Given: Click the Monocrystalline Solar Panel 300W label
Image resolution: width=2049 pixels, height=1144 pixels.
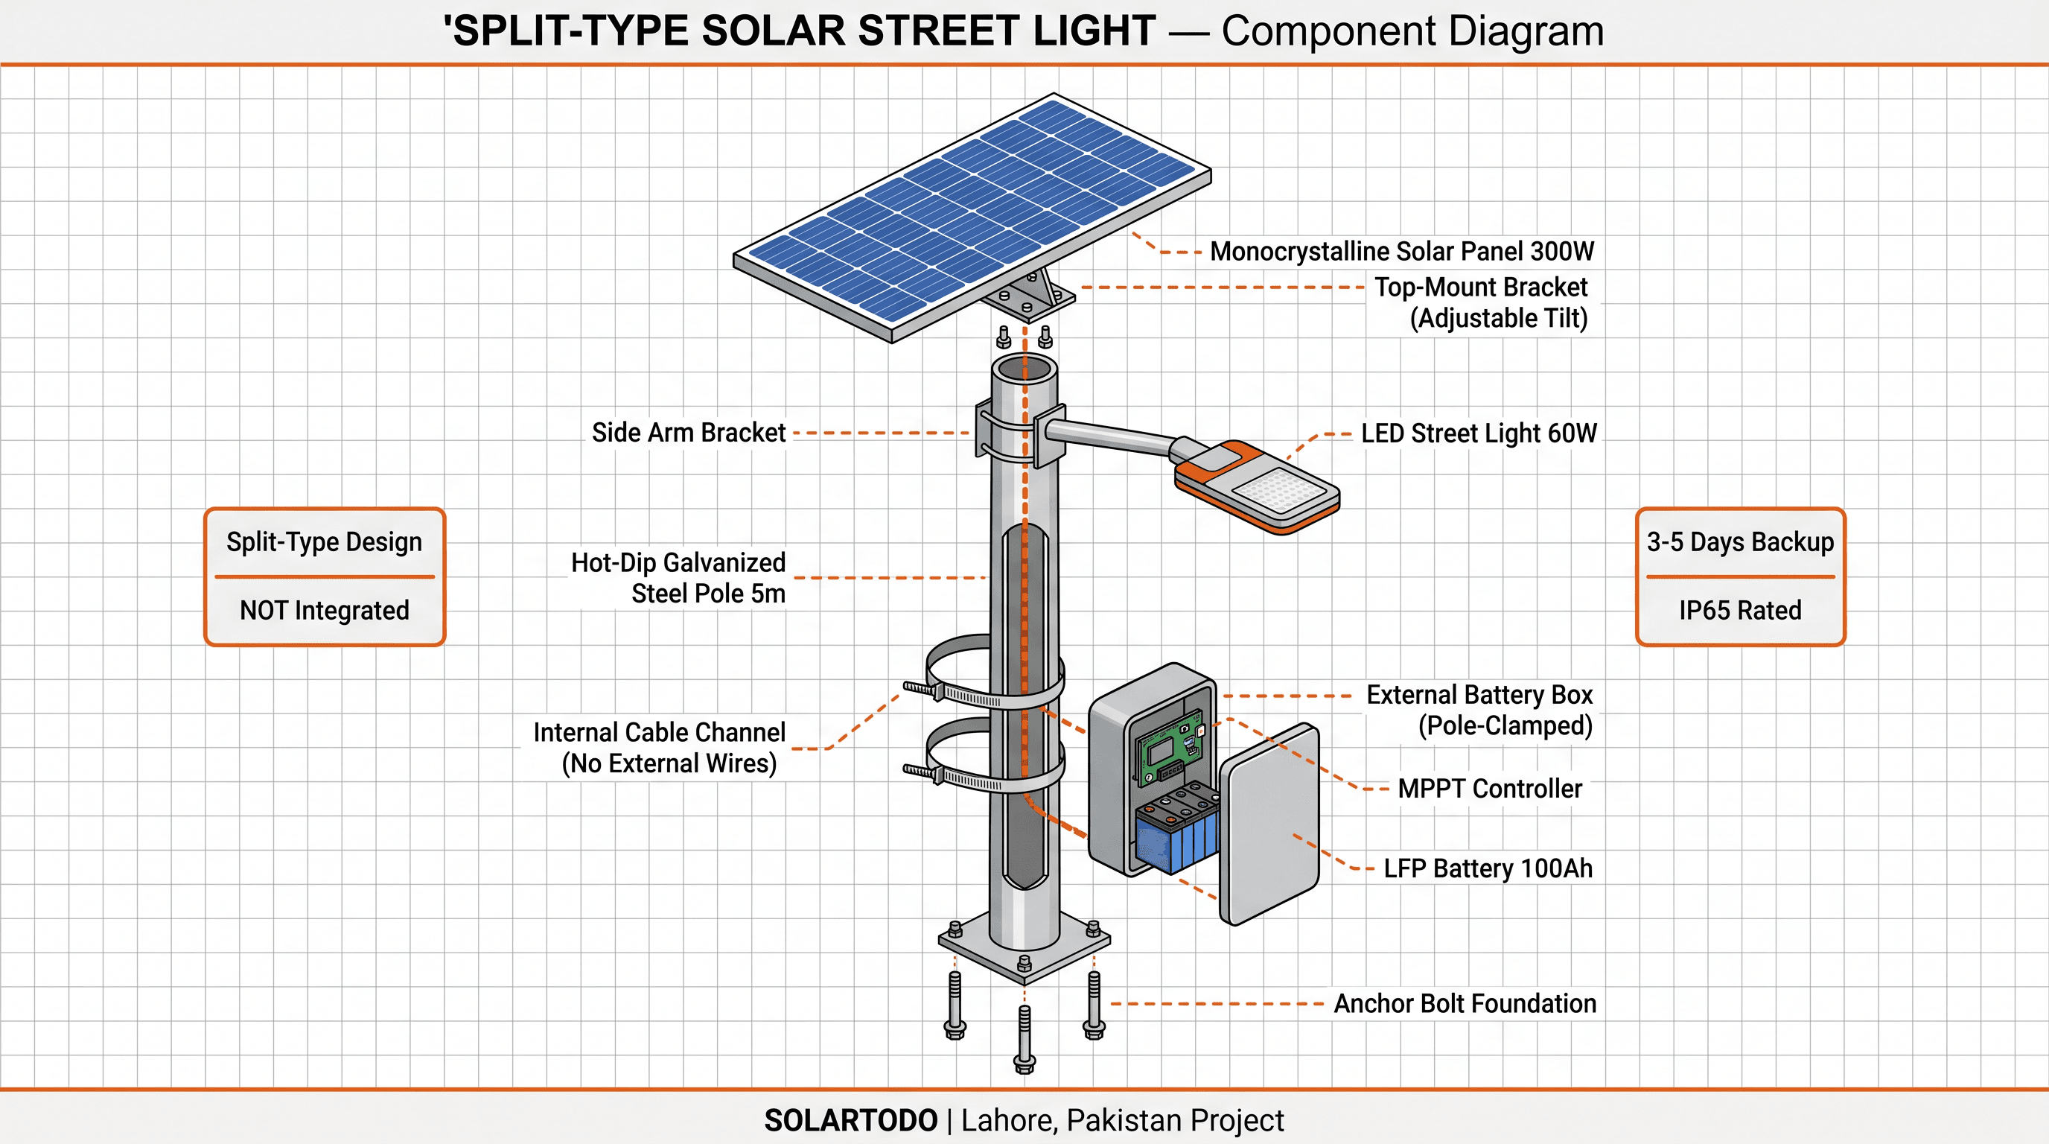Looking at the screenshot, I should pos(1401,252).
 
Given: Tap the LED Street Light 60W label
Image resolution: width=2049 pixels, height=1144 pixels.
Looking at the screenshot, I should pos(1478,433).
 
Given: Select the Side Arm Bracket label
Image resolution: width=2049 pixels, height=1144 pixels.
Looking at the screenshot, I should pos(688,433).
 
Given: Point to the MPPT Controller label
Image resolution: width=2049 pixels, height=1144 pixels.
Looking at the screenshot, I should pos(1490,789).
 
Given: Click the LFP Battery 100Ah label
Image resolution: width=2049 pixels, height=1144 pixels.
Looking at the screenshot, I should pos(1488,868).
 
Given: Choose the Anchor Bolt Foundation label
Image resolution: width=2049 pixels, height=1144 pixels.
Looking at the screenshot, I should pos(1465,1003).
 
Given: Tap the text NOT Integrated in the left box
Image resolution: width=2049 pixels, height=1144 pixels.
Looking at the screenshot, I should pos(325,610).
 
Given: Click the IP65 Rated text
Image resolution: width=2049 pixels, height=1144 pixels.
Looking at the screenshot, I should pos(1739,610).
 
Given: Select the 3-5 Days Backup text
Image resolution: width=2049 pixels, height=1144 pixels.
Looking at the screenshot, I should pos(1739,541).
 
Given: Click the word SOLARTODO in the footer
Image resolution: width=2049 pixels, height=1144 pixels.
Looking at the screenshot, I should pos(850,1120).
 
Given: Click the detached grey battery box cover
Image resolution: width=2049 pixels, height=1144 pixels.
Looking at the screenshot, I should pos(1269,824).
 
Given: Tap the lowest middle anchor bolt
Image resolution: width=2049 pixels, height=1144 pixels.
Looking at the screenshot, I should pos(1024,1038).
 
